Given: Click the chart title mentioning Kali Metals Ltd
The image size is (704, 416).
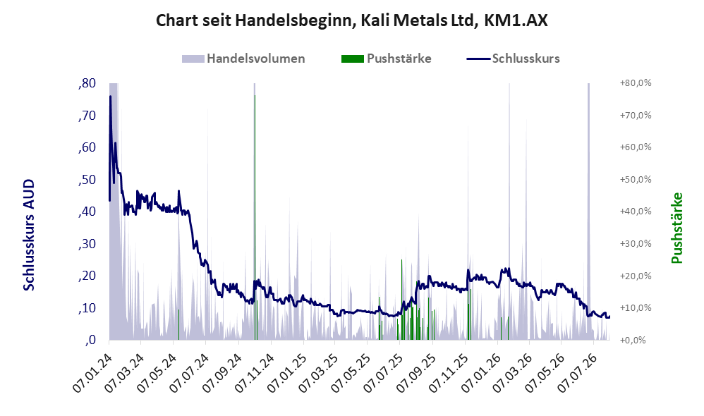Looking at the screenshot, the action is tap(351, 20).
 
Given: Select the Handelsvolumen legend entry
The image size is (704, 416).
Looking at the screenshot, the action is tap(243, 59).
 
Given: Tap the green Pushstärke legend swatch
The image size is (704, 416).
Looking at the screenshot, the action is tap(353, 59).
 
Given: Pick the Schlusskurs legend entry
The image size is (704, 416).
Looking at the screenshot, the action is tap(513, 59).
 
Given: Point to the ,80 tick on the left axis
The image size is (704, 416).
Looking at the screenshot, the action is tap(87, 83).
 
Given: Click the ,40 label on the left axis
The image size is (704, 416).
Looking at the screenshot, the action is tap(87, 212).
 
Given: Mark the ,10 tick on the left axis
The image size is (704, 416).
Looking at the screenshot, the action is tap(87, 308).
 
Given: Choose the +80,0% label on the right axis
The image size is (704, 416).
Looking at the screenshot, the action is tap(636, 83).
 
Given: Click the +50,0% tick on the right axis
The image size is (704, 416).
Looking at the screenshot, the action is tap(636, 180).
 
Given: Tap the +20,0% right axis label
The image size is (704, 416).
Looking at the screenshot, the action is tap(636, 276).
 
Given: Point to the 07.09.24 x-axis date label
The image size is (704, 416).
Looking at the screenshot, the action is tap(221, 373).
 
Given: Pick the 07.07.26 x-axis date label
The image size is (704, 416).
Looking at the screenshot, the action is tap(577, 373).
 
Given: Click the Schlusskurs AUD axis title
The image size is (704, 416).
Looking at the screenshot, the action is tap(29, 235).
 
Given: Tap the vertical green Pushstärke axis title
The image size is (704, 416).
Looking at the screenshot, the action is tap(676, 228).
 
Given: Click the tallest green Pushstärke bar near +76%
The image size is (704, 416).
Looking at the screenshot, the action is tap(255, 218).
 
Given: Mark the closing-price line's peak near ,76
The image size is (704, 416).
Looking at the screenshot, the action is tap(111, 96).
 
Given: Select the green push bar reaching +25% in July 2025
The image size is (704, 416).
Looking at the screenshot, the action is tap(401, 300).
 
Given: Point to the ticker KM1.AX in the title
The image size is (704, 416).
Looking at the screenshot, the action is tap(516, 20).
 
